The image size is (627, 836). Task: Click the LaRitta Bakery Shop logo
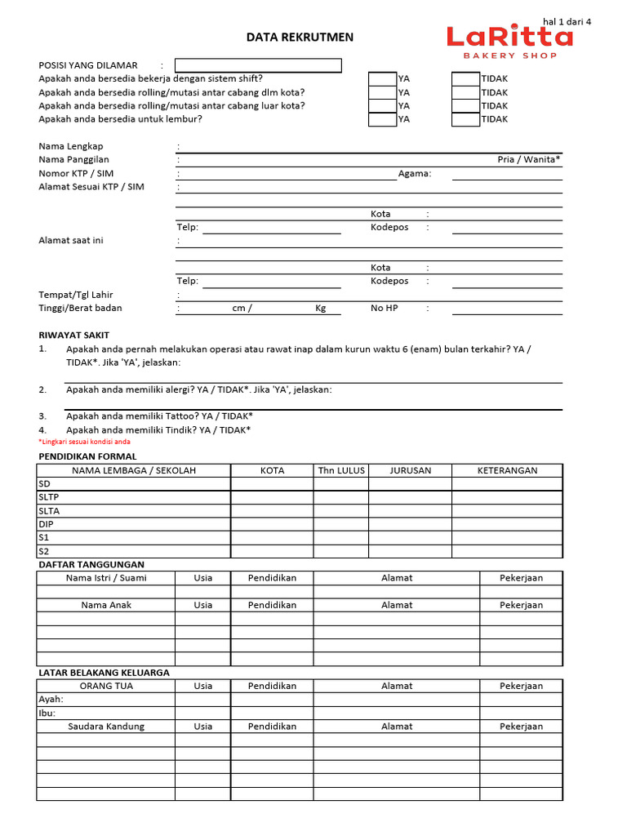[509, 41]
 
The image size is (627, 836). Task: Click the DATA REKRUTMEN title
[300, 38]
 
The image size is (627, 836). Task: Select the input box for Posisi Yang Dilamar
[258, 65]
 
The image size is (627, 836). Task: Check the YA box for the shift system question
[382, 79]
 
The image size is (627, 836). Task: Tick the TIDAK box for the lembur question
[465, 119]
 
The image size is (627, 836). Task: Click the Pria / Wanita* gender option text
[529, 160]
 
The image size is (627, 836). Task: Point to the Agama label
[414, 174]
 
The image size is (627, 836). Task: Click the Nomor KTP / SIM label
[76, 174]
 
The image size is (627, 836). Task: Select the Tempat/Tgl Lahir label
[76, 295]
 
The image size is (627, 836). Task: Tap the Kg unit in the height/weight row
[321, 309]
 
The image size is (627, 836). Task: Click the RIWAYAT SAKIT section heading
[73, 336]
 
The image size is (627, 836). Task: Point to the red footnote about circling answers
[84, 442]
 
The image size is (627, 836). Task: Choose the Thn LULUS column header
[341, 470]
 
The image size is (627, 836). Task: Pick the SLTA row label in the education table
[49, 511]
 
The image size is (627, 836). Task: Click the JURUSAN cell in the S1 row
[410, 538]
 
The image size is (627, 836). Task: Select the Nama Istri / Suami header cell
[105, 578]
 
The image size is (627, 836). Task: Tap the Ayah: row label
[51, 700]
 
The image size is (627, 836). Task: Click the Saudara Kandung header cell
[105, 727]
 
